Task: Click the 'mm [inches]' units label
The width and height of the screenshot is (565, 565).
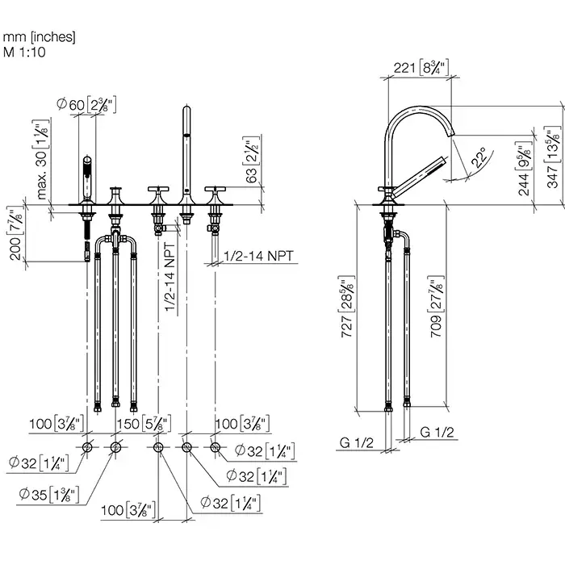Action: click(x=40, y=36)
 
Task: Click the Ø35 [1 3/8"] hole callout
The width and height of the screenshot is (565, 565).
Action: click(x=48, y=491)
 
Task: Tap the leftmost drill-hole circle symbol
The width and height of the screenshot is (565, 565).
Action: click(x=87, y=447)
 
